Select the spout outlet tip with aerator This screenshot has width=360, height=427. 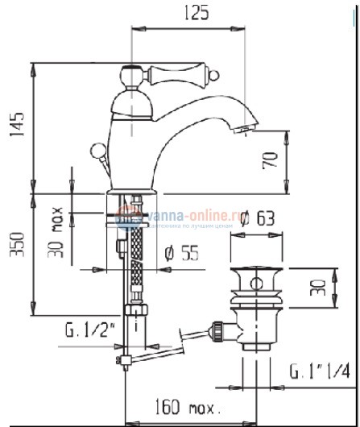pyautogui.click(x=245, y=128)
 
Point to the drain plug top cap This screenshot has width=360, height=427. pyautogui.click(x=258, y=278)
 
